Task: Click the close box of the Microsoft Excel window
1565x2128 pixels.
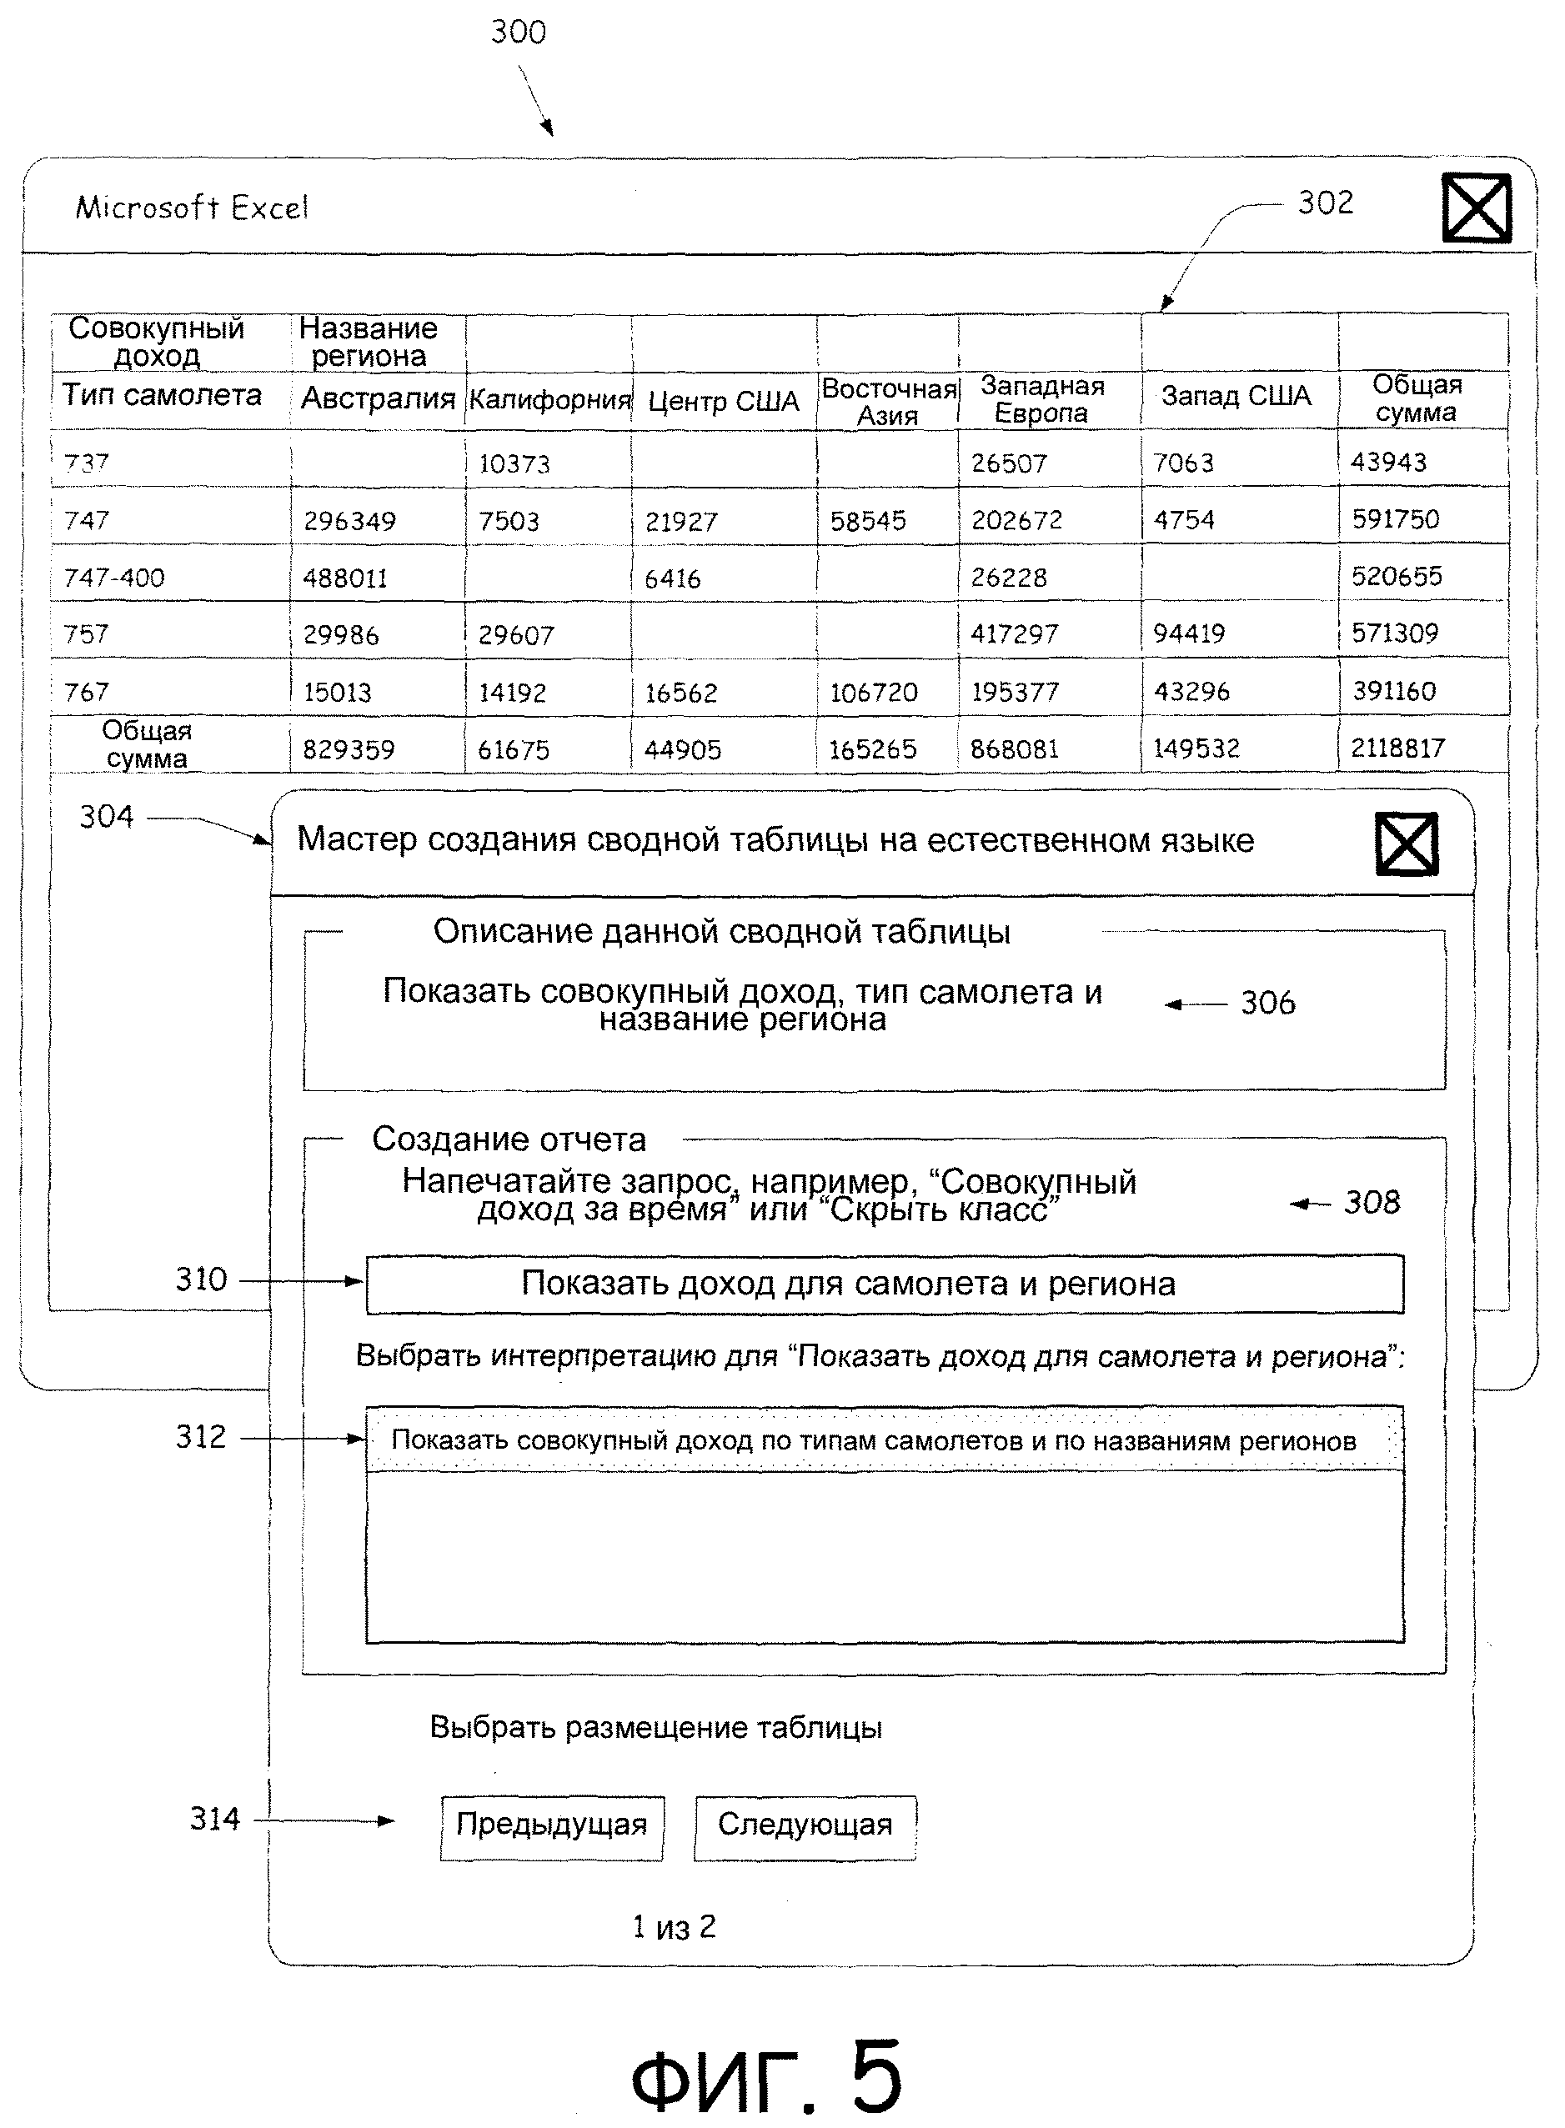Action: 1475,208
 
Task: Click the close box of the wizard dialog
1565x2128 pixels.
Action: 1406,843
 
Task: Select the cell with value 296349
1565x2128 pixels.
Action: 349,521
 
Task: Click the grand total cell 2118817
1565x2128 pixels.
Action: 1397,749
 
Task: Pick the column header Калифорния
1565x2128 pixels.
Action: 549,399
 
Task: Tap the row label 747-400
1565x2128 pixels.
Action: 113,578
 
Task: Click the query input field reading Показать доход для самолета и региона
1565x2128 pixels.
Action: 885,1284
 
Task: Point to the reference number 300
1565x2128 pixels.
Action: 519,33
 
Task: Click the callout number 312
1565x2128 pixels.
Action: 201,1437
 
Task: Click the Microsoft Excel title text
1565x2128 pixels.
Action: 193,208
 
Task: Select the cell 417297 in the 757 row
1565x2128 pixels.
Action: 1014,633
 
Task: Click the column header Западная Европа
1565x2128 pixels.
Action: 1042,398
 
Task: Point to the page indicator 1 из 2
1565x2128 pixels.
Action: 674,1926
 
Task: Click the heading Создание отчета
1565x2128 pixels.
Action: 509,1139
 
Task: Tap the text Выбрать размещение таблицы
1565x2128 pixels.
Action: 655,1726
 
